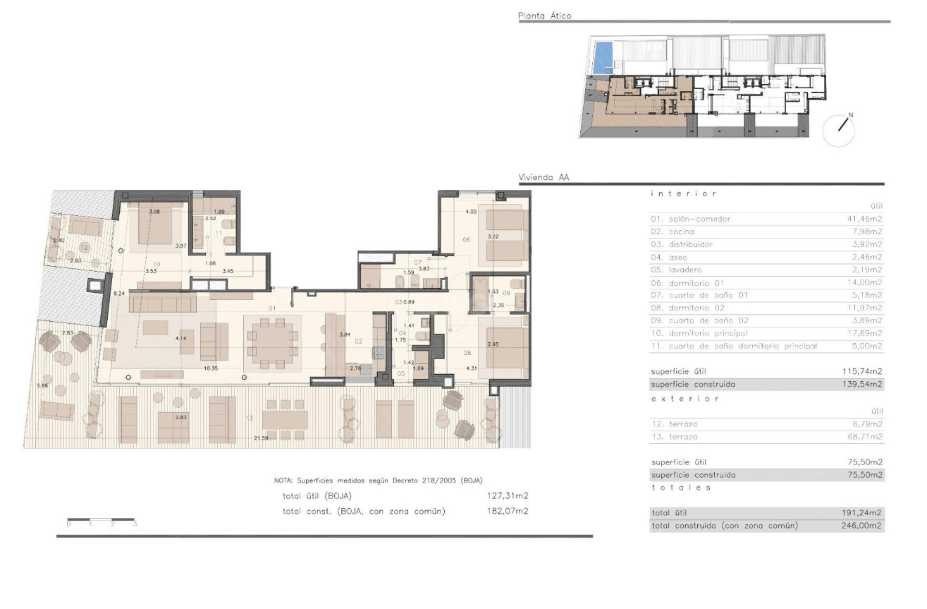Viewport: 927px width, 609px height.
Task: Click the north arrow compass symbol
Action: click(838, 130)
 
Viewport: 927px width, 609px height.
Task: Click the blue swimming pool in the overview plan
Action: click(602, 57)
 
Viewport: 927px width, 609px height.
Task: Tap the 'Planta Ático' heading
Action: click(544, 16)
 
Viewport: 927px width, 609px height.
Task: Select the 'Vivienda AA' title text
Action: click(544, 179)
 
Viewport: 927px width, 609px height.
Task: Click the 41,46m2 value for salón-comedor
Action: click(865, 219)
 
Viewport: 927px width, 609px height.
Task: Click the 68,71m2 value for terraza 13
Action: click(865, 437)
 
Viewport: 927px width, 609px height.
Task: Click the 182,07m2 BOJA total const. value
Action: click(508, 511)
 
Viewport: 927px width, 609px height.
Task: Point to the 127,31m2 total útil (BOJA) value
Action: click(508, 496)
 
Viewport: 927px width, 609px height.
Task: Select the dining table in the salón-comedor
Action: click(272, 342)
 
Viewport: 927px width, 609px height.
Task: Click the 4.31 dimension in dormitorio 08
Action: click(472, 368)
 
